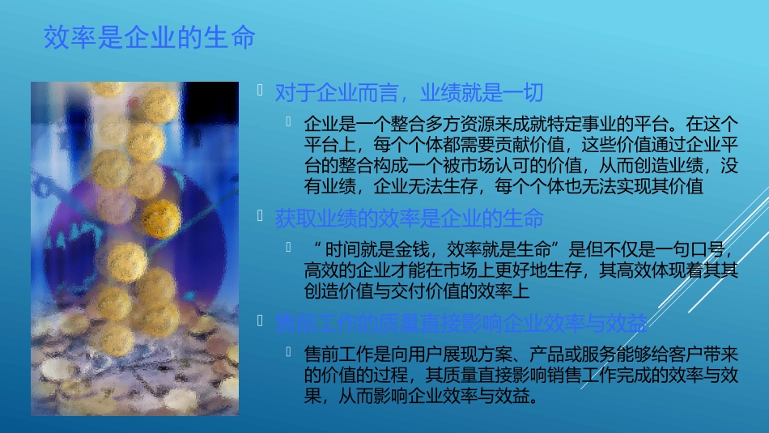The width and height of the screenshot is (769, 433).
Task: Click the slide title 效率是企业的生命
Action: coord(150,37)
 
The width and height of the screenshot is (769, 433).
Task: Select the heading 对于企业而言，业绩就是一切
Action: coord(409,94)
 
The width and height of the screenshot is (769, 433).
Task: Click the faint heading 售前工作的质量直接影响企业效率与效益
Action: coord(461,325)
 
